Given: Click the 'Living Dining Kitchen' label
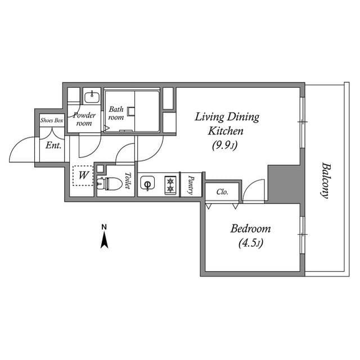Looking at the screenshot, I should pyautogui.click(x=227, y=124).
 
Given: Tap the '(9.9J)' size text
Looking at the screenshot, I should pyautogui.click(x=227, y=146).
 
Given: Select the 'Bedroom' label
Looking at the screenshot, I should pyautogui.click(x=250, y=229).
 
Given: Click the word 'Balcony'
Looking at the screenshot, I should pyautogui.click(x=325, y=180).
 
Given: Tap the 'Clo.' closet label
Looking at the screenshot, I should pyautogui.click(x=222, y=192).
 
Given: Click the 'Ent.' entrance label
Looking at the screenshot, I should pyautogui.click(x=54, y=146).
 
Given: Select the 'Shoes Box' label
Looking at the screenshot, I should pyautogui.click(x=51, y=120).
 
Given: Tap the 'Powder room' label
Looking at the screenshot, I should pyautogui.click(x=86, y=119).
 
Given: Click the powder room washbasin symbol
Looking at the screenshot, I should pyautogui.click(x=91, y=97).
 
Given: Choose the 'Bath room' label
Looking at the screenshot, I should pyautogui.click(x=116, y=113).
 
